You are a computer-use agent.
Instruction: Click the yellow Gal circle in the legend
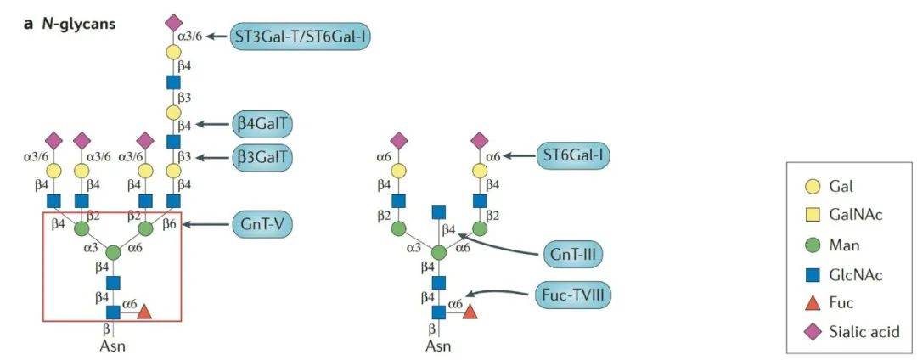tap(812, 185)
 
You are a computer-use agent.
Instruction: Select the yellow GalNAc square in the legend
tap(812, 215)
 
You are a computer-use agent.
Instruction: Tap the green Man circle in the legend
tap(812, 245)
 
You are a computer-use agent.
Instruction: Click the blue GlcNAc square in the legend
tap(812, 273)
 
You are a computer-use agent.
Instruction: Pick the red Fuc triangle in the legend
tap(812, 302)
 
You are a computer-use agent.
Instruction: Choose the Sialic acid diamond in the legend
tap(812, 332)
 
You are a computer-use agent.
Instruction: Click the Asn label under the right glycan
tap(438, 346)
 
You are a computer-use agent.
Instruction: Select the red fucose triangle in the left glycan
tap(144, 312)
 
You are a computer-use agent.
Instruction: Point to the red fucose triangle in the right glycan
tap(470, 312)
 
